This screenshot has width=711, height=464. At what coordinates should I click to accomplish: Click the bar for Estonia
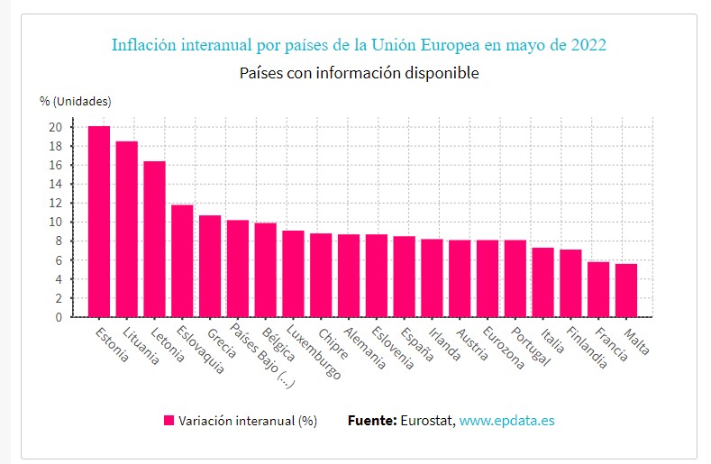point(99,222)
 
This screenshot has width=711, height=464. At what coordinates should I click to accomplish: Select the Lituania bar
point(127,229)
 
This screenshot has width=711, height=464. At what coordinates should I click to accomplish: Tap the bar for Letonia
point(155,239)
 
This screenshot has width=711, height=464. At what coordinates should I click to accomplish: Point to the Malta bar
point(626,290)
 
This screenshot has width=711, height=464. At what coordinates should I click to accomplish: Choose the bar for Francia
point(598,289)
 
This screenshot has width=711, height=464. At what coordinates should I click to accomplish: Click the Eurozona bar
point(488,278)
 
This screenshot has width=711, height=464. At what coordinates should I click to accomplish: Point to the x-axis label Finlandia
point(587,347)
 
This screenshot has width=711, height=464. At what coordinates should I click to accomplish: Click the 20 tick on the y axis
point(56,127)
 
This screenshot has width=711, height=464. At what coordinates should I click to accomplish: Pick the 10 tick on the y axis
point(56,222)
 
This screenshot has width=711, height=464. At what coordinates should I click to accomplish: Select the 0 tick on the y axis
point(59,317)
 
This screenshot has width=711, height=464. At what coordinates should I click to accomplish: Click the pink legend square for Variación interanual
point(169,420)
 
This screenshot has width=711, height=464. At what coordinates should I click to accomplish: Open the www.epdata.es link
point(506,420)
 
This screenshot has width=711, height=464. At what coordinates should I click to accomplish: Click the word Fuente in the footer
point(371,420)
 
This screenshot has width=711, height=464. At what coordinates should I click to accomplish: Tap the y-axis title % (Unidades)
point(75,100)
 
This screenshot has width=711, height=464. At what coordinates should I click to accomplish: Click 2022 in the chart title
point(588,44)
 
